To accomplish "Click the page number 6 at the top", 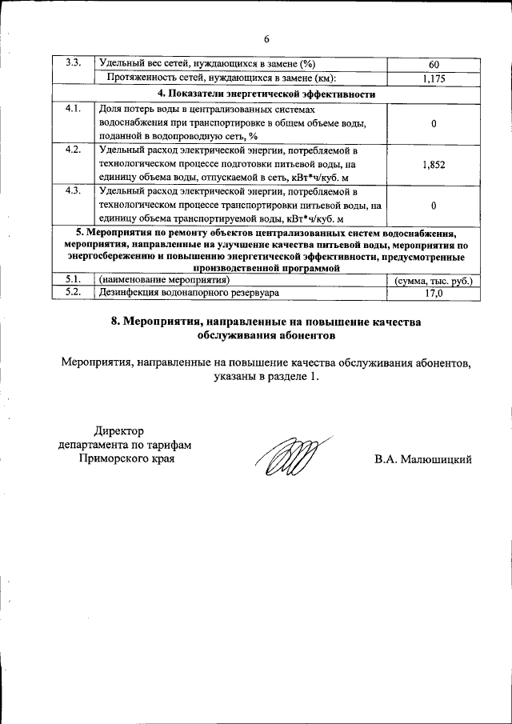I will click(x=268, y=38).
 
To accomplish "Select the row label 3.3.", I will click(x=74, y=63).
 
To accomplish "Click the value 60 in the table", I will click(x=434, y=64).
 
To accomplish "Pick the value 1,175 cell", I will click(x=434, y=78).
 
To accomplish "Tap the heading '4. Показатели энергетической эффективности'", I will click(x=266, y=93).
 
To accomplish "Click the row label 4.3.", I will click(x=73, y=191).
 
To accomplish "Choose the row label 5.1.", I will click(x=73, y=280).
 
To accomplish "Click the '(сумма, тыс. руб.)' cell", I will click(x=434, y=281).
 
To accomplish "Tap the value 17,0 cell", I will click(x=434, y=294).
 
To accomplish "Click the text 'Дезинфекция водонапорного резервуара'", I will click(x=189, y=294).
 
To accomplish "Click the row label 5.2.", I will click(x=73, y=294).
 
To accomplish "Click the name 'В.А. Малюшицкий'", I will click(x=422, y=459).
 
